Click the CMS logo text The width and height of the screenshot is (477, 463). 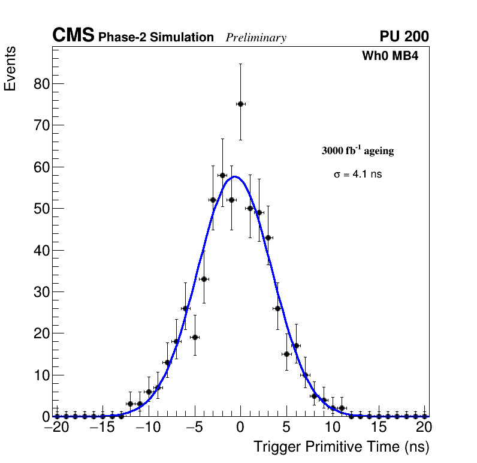(73, 36)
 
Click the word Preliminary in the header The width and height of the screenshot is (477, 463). (256, 38)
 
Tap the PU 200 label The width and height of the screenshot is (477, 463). (404, 37)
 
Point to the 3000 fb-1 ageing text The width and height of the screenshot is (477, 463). (358, 151)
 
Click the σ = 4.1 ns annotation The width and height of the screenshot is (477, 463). (358, 175)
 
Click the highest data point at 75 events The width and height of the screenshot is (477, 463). (240, 104)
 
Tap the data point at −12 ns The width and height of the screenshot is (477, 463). (130, 404)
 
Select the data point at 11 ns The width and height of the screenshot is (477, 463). (342, 408)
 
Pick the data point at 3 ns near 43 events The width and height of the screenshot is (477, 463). (268, 237)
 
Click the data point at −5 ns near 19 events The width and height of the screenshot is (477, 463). (195, 337)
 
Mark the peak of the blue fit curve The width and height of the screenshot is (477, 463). (235, 176)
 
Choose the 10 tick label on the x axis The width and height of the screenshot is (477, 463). (333, 428)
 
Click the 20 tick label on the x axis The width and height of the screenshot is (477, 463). (424, 428)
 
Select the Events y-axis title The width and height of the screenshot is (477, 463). (10, 68)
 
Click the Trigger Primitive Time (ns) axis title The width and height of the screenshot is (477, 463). (341, 447)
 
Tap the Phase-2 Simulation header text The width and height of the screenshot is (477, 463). (156, 37)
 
